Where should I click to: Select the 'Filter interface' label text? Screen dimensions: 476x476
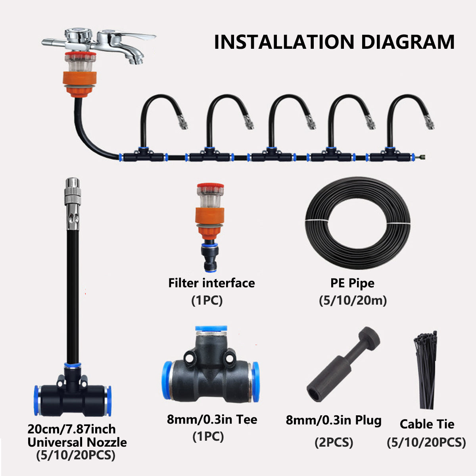pyautogui.click(x=211, y=283)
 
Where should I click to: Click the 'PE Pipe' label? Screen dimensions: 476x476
pyautogui.click(x=352, y=283)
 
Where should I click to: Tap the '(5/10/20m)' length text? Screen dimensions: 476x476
pyautogui.click(x=353, y=301)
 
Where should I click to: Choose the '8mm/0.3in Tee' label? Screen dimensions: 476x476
pyautogui.click(x=212, y=419)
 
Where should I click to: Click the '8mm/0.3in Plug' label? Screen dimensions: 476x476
pyautogui.click(x=334, y=420)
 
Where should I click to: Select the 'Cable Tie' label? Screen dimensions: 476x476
pyautogui.click(x=427, y=424)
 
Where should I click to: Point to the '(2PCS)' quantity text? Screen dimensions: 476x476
pyautogui.click(x=334, y=442)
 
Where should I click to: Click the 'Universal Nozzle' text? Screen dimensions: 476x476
pyautogui.click(x=77, y=442)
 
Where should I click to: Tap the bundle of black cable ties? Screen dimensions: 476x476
pyautogui.click(x=426, y=369)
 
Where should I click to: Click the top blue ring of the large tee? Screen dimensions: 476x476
pyautogui.click(x=211, y=329)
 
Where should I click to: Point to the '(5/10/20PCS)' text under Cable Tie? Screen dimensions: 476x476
pyautogui.click(x=426, y=442)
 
